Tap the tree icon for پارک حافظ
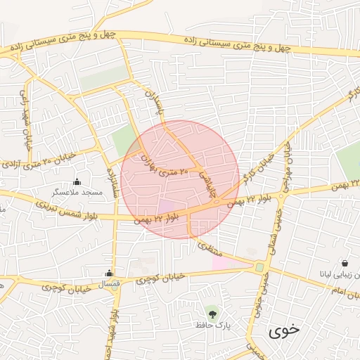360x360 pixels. click(x=212, y=311)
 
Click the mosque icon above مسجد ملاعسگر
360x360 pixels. click(x=77, y=181)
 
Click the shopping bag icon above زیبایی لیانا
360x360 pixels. click(x=345, y=263)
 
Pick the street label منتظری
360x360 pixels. click(x=211, y=248)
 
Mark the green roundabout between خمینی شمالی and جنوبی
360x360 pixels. click(x=259, y=268)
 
